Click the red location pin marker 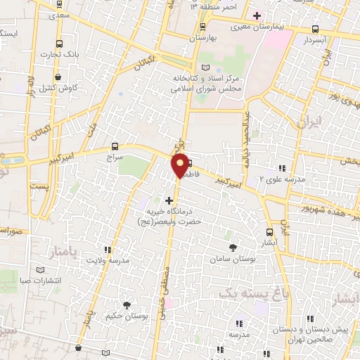point(181,165)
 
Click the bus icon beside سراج point(115,147)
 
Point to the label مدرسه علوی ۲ point(281,179)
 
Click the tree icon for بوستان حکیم point(127,305)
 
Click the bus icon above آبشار point(270,232)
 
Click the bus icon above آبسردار point(314,30)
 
